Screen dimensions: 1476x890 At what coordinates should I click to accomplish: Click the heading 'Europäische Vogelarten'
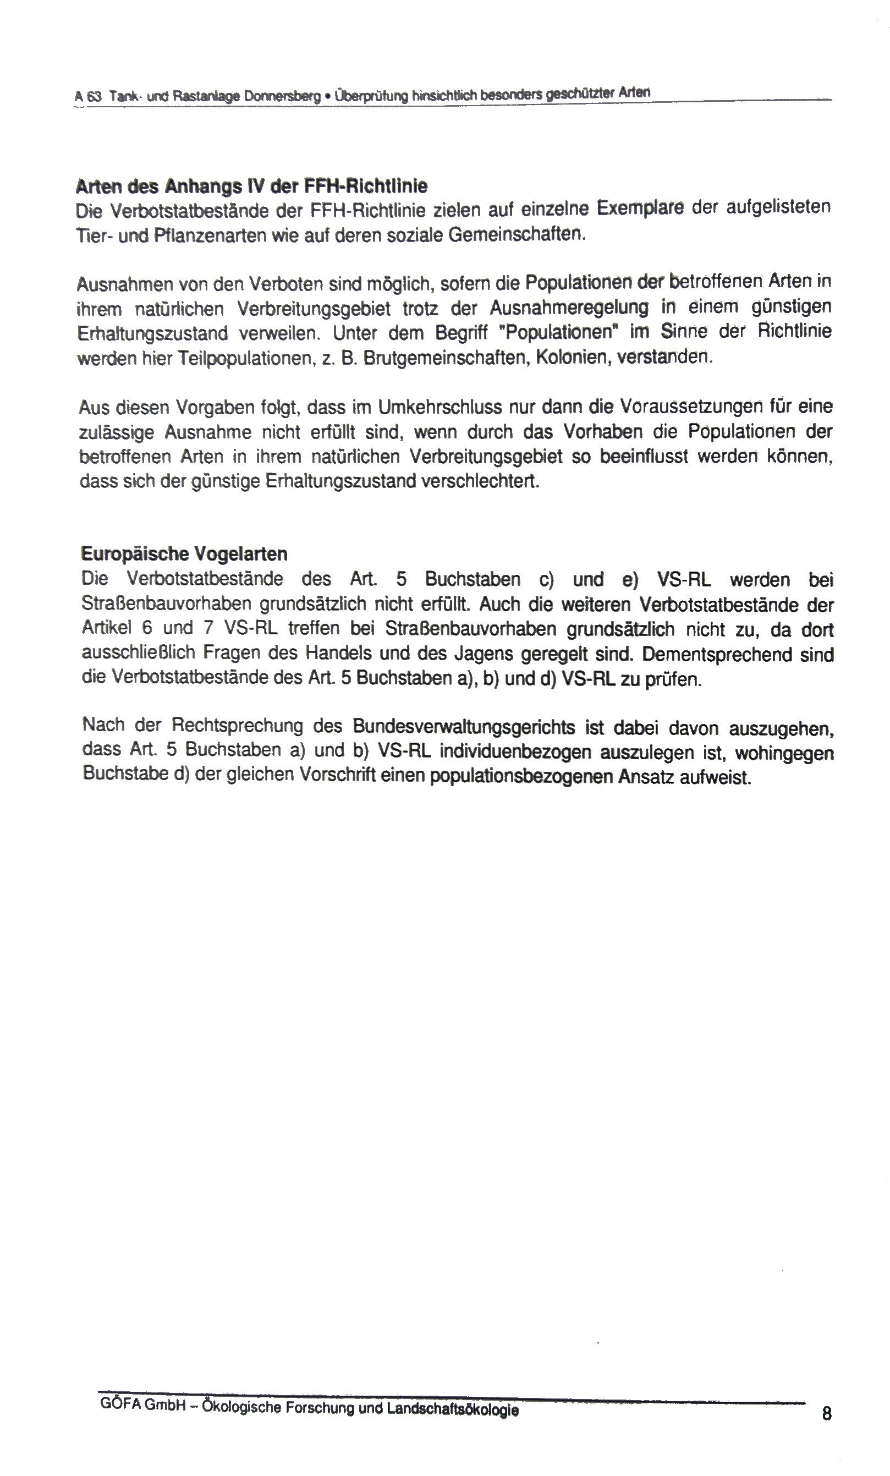point(184,553)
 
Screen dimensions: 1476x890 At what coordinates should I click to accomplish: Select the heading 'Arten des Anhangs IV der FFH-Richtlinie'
point(251,186)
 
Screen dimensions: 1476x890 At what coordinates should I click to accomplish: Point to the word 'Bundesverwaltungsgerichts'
point(464,727)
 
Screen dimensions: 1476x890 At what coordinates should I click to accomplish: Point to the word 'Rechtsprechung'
point(238,726)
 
